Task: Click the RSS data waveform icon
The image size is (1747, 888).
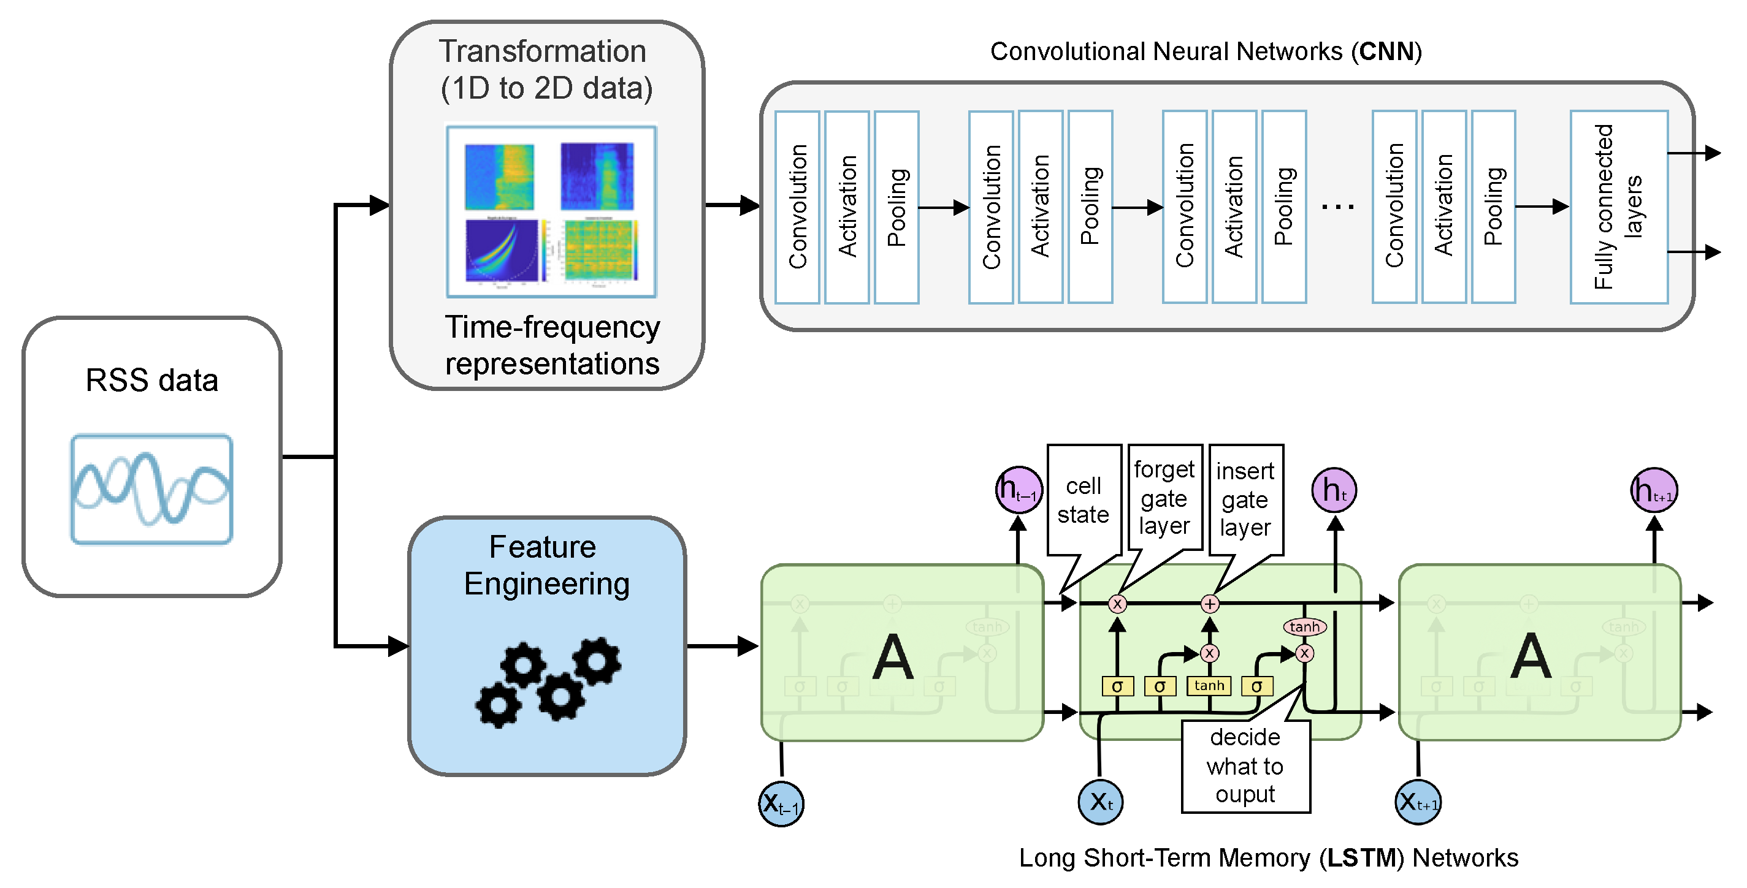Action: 151,489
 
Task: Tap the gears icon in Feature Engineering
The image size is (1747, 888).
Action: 548,681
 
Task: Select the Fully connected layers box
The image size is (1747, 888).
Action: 1618,207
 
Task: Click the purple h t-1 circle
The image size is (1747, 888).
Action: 1018,490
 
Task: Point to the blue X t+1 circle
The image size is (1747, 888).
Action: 1417,802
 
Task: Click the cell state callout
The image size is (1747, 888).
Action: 1083,500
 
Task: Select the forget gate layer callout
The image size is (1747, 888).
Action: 1164,498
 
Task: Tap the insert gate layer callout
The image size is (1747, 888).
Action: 1245,499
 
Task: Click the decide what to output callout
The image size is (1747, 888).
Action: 1245,766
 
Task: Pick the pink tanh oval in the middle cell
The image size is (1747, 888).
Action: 1304,627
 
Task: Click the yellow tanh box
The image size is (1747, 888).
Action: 1209,686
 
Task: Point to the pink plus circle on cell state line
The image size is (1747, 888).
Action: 1210,603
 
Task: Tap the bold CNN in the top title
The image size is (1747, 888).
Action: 1386,51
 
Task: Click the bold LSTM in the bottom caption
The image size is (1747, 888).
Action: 1361,858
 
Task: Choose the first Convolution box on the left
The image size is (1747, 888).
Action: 797,207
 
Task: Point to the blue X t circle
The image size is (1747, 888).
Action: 1100,802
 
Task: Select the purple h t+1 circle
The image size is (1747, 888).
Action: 1653,490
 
